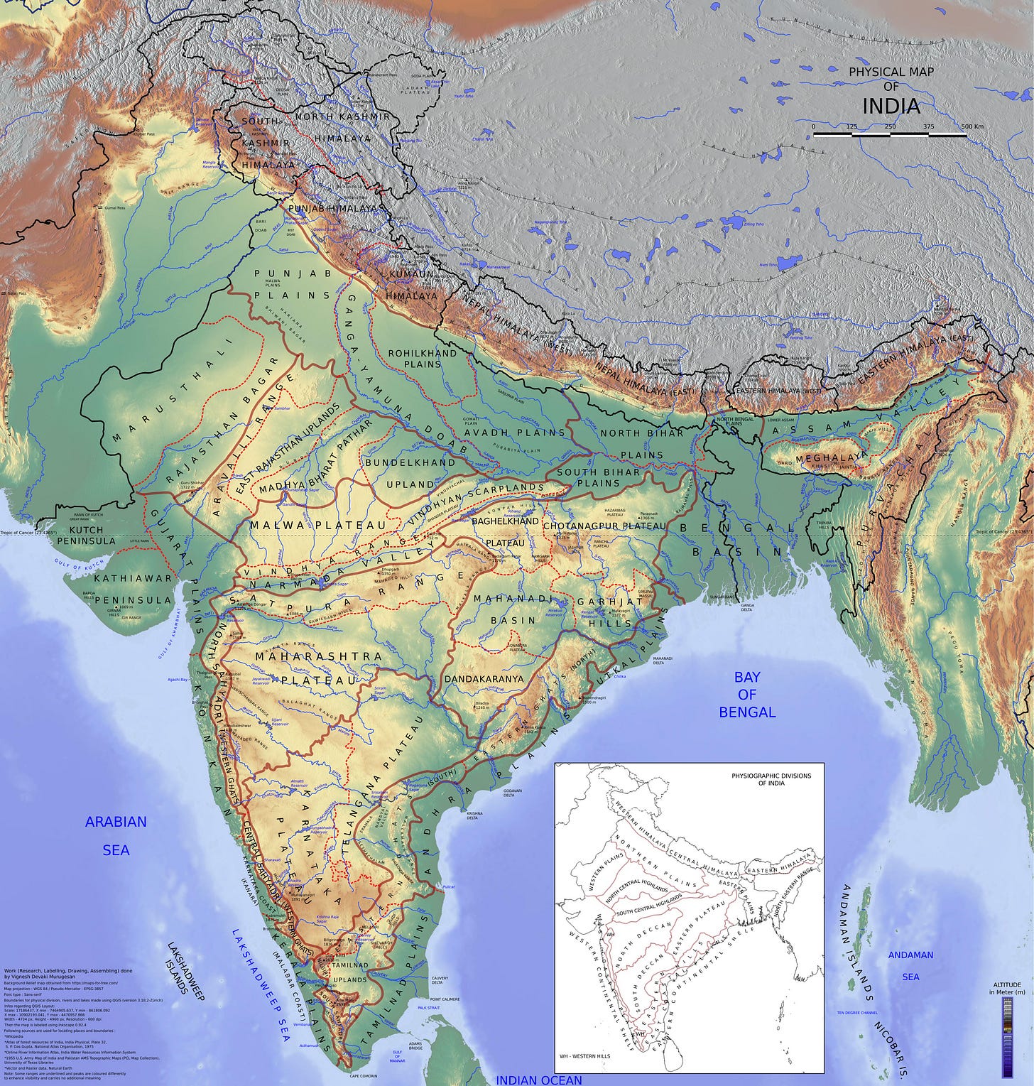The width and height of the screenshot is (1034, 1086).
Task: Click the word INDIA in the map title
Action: point(891,107)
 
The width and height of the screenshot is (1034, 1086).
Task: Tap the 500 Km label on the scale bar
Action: point(972,126)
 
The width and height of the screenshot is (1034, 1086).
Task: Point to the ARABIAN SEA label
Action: point(116,835)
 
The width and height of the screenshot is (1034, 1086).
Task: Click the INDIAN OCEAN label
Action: point(538,1080)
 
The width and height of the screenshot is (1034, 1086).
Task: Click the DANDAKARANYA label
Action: point(484,678)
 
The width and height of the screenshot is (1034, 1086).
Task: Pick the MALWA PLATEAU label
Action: point(317,525)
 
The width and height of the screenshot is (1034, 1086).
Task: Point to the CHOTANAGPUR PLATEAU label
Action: point(604,526)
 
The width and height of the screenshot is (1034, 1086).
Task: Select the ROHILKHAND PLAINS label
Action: point(423,358)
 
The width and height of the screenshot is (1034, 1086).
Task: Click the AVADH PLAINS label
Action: point(515,432)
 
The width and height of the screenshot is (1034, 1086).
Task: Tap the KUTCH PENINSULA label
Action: point(86,536)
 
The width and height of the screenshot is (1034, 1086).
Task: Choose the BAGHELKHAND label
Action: point(505,521)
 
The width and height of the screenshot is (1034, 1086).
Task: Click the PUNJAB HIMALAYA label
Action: point(332,208)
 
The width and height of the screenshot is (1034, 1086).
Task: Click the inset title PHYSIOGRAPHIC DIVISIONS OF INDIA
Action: point(771,779)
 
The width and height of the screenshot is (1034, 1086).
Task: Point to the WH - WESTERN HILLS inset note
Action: point(584,1055)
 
